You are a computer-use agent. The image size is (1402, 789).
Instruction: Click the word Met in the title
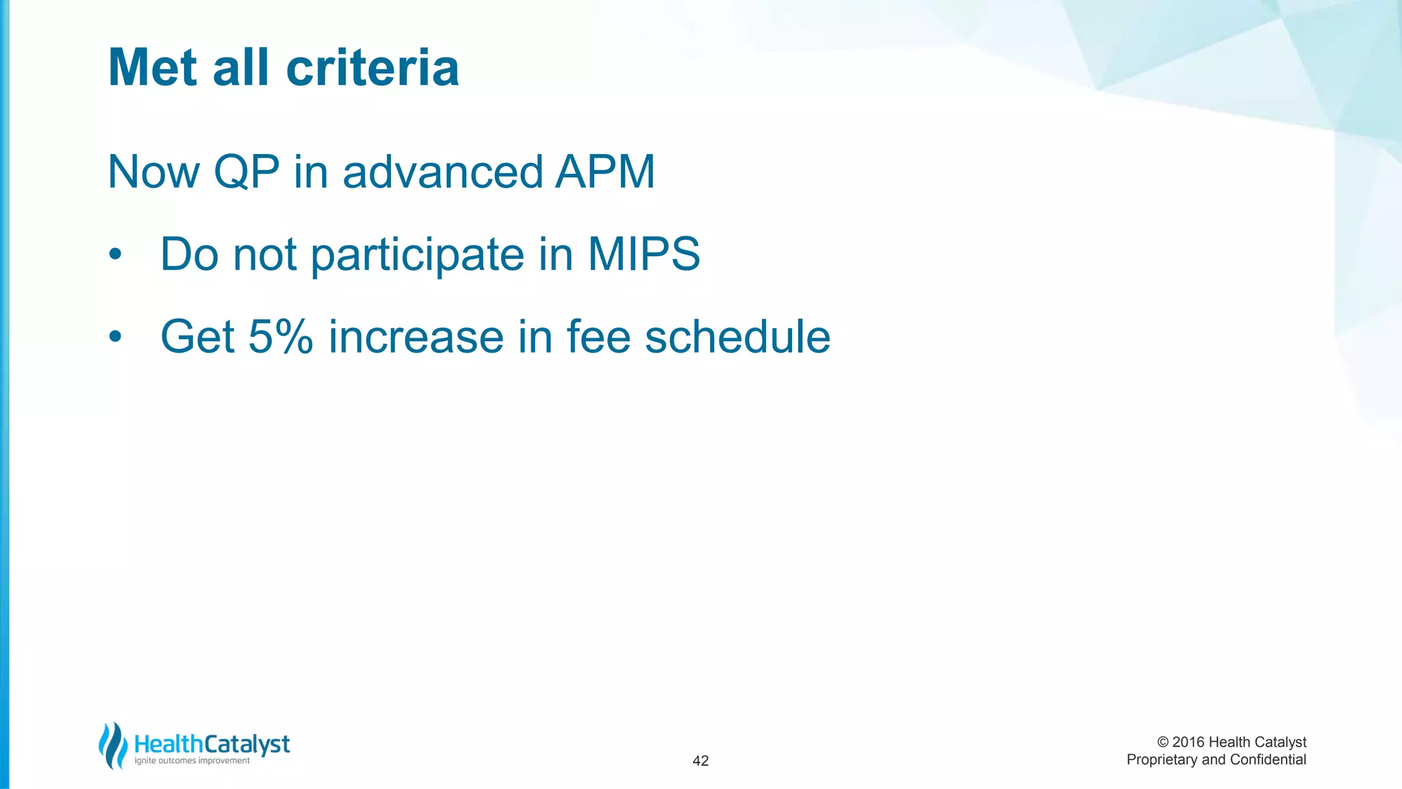(153, 68)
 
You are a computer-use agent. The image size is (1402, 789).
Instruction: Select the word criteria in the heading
(372, 68)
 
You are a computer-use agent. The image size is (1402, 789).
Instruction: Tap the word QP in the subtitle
(246, 172)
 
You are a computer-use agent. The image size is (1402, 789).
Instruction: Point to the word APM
(605, 172)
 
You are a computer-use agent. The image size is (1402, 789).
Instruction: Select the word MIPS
(643, 254)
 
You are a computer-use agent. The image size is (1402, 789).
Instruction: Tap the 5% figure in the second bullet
(281, 337)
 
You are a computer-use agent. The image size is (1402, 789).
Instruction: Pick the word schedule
(737, 337)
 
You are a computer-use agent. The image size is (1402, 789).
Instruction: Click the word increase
(416, 337)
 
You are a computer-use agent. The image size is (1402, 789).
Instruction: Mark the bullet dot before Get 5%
(115, 338)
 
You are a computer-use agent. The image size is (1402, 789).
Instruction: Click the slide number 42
(700, 761)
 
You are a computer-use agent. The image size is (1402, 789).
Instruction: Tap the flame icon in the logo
(113, 746)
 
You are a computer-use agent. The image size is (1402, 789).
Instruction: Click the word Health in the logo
(168, 744)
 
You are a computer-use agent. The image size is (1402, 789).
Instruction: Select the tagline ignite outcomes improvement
(192, 761)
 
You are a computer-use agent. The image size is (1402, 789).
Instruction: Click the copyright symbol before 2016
(1162, 742)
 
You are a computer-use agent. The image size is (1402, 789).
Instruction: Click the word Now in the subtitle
(153, 172)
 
